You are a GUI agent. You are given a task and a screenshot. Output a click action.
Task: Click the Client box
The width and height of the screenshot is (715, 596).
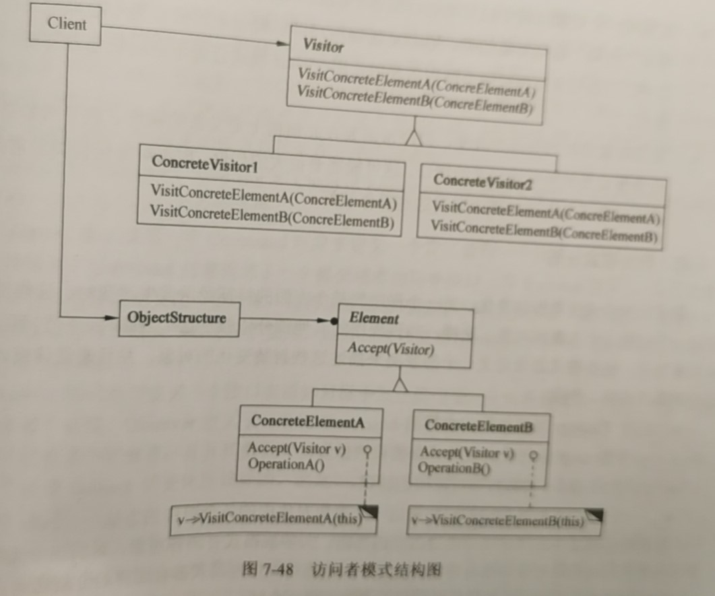pos(66,26)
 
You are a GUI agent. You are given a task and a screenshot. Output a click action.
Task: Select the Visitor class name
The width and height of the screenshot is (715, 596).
pos(323,46)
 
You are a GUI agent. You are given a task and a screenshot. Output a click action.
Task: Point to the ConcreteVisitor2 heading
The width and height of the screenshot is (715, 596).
pos(483,181)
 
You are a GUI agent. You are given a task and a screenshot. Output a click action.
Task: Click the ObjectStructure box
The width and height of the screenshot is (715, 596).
pos(177,317)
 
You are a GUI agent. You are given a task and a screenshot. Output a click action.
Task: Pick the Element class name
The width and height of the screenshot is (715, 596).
pos(374,319)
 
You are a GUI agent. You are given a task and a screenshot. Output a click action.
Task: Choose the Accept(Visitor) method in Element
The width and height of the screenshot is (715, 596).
pos(391,350)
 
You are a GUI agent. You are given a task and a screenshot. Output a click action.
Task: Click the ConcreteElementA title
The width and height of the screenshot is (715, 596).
pos(307,422)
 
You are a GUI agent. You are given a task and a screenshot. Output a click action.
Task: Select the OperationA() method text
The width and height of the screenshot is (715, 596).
pos(286,464)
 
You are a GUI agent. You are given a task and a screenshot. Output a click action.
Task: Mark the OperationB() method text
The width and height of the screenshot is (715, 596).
pos(454,468)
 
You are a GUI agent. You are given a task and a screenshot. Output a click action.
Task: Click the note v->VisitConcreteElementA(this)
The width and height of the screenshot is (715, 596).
pos(270,519)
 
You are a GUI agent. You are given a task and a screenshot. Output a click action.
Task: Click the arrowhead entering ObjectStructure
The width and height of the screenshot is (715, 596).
pos(111,317)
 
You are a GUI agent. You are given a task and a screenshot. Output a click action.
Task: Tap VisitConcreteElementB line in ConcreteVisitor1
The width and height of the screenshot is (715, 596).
pos(272,220)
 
